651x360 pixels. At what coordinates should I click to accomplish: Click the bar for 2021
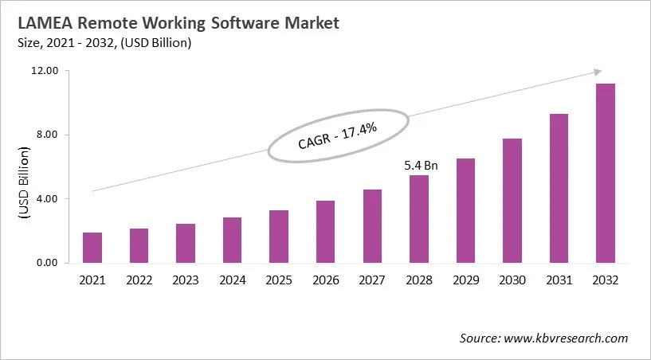pyautogui.click(x=92, y=248)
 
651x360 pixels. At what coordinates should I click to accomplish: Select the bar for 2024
pyautogui.click(x=232, y=240)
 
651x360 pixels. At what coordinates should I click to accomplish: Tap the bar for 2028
pyautogui.click(x=418, y=219)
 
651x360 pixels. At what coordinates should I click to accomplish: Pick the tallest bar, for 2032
pyautogui.click(x=605, y=173)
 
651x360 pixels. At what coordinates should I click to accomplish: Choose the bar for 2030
pyautogui.click(x=512, y=201)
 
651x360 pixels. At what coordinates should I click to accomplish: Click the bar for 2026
pyautogui.click(x=325, y=232)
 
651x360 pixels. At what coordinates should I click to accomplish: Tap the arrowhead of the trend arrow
pyautogui.click(x=586, y=72)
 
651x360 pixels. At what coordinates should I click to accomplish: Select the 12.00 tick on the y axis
pyautogui.click(x=47, y=71)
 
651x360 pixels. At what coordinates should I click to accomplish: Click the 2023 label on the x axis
pyautogui.click(x=186, y=280)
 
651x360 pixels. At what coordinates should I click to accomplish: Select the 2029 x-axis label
pyautogui.click(x=465, y=280)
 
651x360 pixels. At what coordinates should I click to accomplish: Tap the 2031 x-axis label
pyautogui.click(x=559, y=280)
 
